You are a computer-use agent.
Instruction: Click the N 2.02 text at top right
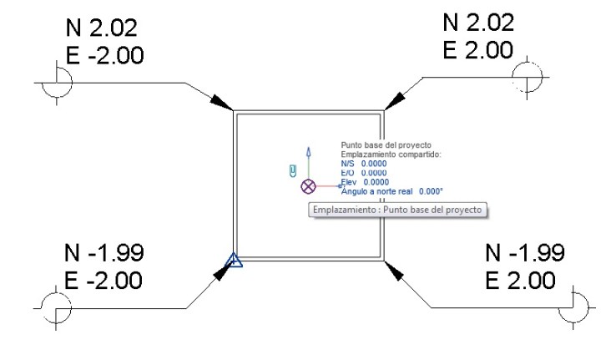pos(477,23)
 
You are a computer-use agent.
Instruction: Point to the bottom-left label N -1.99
pos(104,252)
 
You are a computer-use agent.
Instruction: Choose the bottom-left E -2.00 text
pos(104,279)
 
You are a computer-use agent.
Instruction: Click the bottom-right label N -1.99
pos(524,252)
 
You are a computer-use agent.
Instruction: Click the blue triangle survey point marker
pos(235,261)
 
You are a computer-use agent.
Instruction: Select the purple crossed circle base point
pos(309,185)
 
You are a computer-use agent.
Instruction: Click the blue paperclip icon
pos(292,171)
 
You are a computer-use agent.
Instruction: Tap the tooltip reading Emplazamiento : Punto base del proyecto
pos(397,210)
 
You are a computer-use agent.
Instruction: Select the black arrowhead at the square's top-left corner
pos(222,101)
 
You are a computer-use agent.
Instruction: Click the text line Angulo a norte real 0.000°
pos(391,190)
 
